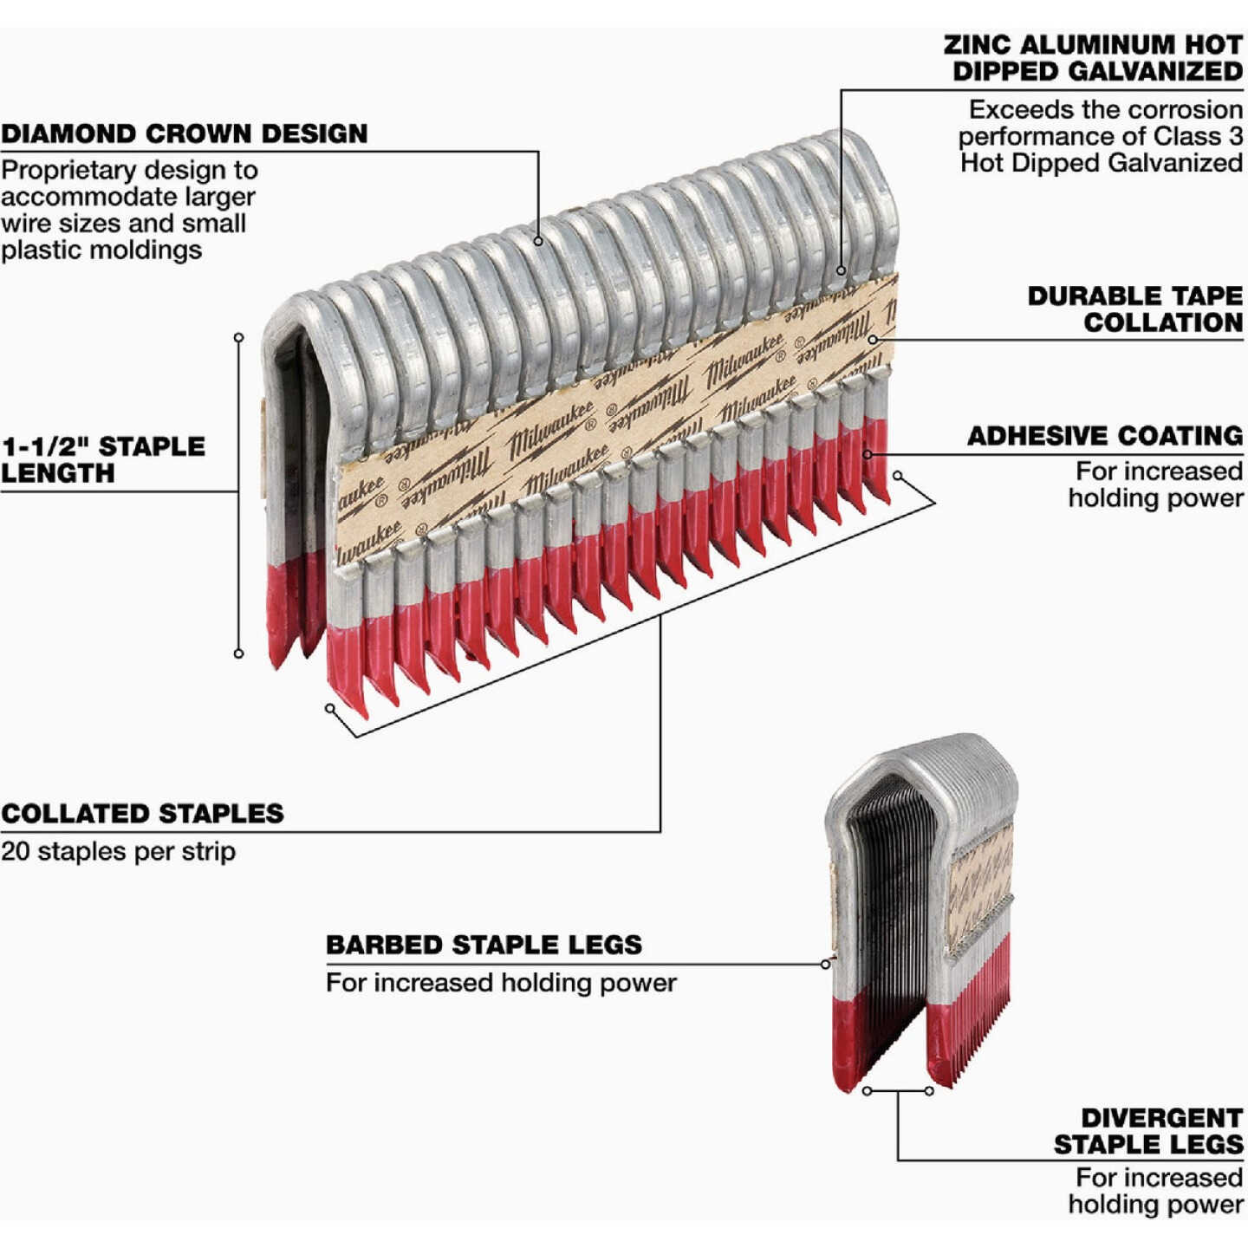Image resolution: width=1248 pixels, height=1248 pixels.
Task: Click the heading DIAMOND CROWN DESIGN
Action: pos(184,133)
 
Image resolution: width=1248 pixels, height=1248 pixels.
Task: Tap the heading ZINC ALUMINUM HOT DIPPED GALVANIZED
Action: pos(1094,58)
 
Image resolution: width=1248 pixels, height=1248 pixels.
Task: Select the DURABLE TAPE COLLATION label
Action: pos(1135,309)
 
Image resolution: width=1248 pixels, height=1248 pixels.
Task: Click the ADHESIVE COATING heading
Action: pos(1105,436)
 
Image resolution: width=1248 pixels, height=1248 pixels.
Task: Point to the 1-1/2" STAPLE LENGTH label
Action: pos(102,459)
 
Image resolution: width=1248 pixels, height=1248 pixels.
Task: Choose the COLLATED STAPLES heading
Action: pos(142,814)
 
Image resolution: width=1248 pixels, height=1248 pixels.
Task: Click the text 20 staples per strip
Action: pos(118,851)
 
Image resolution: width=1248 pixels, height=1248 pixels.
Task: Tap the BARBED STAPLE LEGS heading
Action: pos(484,945)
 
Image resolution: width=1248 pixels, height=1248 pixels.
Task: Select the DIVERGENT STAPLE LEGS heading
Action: pos(1148,1131)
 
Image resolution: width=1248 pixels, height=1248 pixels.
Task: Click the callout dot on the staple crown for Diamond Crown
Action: pos(538,241)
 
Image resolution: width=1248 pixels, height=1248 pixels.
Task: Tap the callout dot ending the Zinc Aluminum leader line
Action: pos(841,270)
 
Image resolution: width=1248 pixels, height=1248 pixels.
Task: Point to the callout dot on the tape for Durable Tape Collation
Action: pos(873,339)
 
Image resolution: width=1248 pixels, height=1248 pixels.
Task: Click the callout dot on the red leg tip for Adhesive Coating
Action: pos(868,453)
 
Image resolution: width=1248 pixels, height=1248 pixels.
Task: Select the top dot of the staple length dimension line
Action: pos(238,337)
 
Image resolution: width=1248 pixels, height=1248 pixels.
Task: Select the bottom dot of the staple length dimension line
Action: pos(238,653)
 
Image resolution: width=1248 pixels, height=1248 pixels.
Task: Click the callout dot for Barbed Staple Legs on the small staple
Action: pos(825,964)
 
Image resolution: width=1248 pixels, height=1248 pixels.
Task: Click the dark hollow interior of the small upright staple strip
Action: pos(888,910)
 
